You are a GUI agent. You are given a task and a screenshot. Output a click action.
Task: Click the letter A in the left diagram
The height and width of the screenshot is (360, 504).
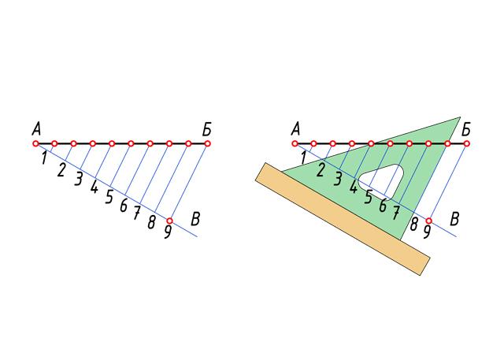[36, 130]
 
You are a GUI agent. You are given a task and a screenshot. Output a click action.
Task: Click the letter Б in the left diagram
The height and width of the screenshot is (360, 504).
[207, 130]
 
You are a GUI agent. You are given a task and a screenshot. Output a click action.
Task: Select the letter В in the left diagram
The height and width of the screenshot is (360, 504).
[195, 219]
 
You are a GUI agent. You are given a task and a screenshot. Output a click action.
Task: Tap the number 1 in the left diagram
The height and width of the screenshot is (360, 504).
[45, 158]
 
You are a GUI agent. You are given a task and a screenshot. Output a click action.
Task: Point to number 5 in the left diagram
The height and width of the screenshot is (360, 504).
[109, 197]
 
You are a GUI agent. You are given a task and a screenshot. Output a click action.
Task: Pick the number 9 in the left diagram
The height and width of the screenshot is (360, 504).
[168, 232]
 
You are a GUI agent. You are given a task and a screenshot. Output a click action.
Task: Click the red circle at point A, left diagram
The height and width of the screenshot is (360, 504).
[35, 143]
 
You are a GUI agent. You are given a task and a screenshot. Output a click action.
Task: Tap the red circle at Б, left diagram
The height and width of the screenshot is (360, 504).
[207, 143]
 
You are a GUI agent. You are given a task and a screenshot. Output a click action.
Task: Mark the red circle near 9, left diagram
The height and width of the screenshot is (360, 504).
[169, 221]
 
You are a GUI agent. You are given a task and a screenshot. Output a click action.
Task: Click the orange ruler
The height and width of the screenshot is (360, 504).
[343, 219]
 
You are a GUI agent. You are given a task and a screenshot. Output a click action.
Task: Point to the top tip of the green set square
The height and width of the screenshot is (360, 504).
[460, 117]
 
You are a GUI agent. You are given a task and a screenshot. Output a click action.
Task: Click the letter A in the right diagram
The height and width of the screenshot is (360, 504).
[296, 130]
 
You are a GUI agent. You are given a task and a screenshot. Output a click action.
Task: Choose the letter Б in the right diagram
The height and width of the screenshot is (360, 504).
[466, 130]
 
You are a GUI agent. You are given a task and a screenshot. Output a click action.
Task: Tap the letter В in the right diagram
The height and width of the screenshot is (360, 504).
[454, 219]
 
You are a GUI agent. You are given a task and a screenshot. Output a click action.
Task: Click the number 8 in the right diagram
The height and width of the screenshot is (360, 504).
[413, 224]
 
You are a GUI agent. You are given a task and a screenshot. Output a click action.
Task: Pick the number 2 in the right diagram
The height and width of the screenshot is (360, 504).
[320, 170]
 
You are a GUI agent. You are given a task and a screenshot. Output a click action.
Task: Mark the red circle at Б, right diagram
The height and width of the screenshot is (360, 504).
[466, 143]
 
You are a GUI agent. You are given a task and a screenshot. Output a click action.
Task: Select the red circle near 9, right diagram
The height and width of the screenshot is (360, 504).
[428, 221]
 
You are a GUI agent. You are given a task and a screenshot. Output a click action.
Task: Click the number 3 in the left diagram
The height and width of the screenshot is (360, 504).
[78, 179]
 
